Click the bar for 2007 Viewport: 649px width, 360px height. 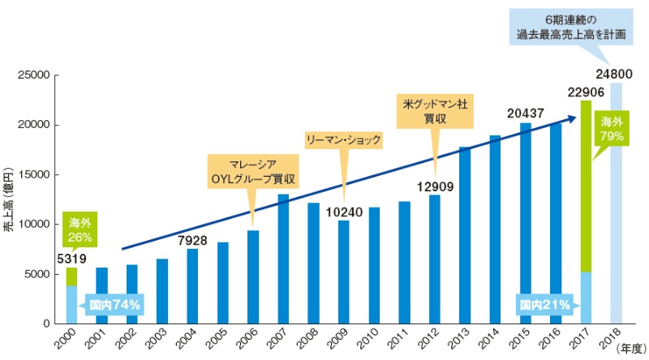(283, 259)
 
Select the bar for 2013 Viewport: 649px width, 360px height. (465, 235)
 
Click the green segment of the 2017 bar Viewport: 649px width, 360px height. (587, 186)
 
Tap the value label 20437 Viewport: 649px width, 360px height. (525, 112)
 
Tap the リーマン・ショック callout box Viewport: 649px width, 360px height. (343, 139)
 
